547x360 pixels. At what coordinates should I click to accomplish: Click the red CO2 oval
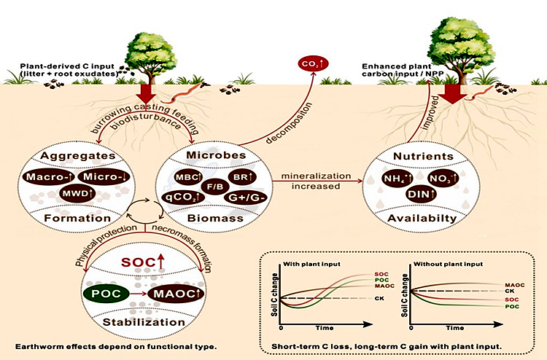pyautogui.click(x=314, y=66)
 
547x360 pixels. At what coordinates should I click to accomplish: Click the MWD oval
pyautogui.click(x=78, y=194)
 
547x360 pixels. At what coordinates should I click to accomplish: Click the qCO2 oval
pyautogui.click(x=187, y=197)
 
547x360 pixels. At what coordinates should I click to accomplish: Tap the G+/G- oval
pyautogui.click(x=242, y=197)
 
